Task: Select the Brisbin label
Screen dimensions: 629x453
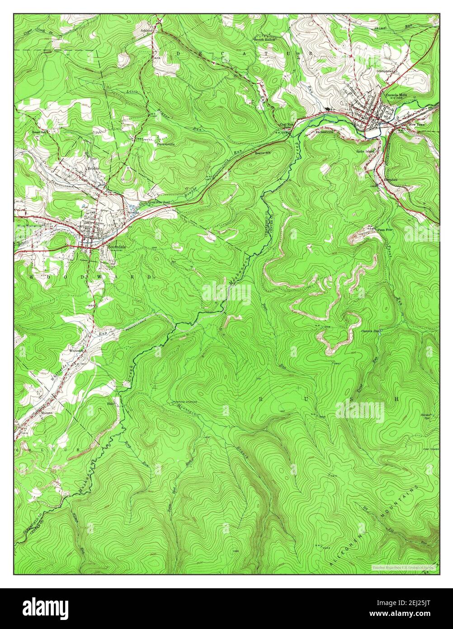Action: pyautogui.click(x=93, y=168)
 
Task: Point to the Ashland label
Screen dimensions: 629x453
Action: pyautogui.click(x=146, y=30)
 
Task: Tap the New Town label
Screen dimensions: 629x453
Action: pyautogui.click(x=417, y=124)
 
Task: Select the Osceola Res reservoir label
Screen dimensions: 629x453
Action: pyautogui.click(x=369, y=331)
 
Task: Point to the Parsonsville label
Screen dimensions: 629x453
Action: pyautogui.click(x=166, y=144)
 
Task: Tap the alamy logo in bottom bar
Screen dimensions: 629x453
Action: pyautogui.click(x=45, y=608)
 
